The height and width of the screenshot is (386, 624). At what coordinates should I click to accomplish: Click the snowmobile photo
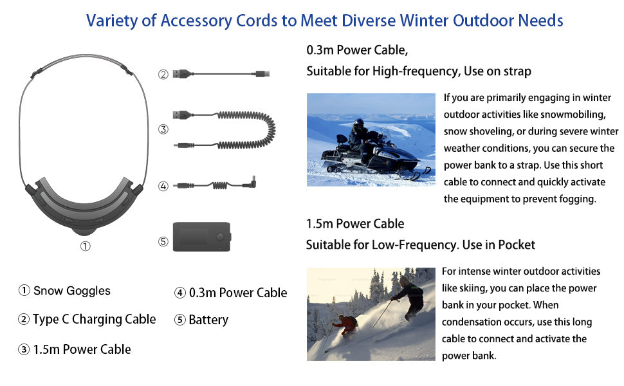click(371, 140)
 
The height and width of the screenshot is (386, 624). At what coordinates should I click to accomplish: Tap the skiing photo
click(371, 314)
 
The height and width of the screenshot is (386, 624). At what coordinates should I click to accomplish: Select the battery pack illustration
click(202, 237)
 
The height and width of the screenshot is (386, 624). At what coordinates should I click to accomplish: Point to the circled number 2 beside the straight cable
click(163, 75)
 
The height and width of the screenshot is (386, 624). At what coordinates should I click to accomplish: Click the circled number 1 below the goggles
click(85, 246)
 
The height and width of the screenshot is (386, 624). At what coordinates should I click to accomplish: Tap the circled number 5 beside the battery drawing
click(163, 241)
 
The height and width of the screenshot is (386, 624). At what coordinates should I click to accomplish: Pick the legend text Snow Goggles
click(71, 291)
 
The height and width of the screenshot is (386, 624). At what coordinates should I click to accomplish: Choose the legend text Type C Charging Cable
click(95, 320)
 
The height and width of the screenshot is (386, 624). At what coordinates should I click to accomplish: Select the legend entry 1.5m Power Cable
click(82, 349)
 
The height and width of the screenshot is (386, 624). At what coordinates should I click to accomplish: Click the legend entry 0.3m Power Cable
click(238, 293)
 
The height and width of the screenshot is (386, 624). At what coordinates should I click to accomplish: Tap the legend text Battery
click(208, 320)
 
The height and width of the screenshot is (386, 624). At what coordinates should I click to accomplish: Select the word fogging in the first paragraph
click(574, 199)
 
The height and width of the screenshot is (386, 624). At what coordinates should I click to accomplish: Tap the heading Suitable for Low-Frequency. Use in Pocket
click(421, 244)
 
